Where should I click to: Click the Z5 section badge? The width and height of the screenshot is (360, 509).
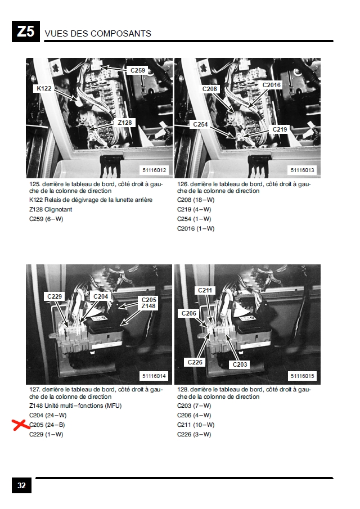tap(26, 31)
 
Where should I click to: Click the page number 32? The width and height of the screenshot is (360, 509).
tap(21, 485)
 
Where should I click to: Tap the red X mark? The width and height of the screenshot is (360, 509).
tap(21, 425)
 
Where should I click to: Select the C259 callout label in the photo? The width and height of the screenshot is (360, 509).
tap(138, 70)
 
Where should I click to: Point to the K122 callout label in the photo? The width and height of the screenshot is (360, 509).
tap(44, 88)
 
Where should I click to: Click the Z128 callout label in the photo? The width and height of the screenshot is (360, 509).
tap(125, 123)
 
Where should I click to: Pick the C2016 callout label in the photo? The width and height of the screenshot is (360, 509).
tap(271, 85)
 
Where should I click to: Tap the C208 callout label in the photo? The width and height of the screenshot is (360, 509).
tap(209, 89)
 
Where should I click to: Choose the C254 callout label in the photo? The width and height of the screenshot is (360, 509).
tap(200, 124)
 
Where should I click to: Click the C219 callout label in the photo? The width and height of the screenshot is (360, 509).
tap(280, 129)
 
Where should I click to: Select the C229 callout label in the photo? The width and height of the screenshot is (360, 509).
tap(54, 296)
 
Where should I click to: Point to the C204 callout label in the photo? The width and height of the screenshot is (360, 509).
tap(101, 296)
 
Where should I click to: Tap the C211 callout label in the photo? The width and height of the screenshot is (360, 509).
tap(205, 290)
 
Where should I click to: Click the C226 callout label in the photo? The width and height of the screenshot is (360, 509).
tap(195, 362)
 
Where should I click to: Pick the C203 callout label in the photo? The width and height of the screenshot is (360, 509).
tap(240, 364)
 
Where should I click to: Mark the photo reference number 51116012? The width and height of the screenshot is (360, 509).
tap(154, 170)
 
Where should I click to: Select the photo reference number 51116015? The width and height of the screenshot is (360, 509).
tap(302, 376)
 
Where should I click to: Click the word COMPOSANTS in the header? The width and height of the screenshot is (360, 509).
tap(121, 33)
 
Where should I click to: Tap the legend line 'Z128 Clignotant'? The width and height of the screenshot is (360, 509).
tap(51, 209)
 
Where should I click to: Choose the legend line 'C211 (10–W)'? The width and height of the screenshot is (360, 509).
tap(196, 425)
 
